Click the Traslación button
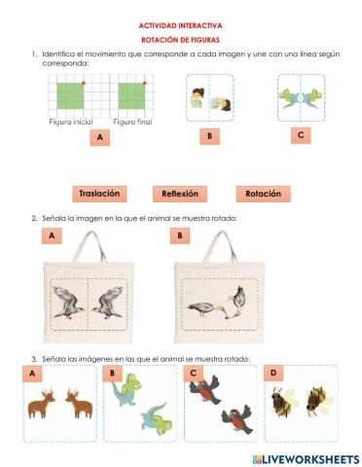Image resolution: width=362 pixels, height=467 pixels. click(99, 194)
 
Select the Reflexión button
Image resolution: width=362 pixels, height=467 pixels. click(180, 194)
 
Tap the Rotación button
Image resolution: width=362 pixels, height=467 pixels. click(263, 194)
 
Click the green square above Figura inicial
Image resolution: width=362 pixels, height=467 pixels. click(70, 96)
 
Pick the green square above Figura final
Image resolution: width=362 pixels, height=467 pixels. click(131, 96)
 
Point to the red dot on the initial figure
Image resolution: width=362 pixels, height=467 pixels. click(84, 83)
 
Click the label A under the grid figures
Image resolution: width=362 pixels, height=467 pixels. click(100, 137)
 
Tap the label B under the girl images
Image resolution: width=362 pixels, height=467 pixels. click(209, 136)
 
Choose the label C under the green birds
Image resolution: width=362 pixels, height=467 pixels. click(301, 135)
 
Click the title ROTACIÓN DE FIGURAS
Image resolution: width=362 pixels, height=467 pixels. click(180, 40)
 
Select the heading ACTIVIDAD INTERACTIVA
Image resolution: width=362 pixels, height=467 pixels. click(180, 25)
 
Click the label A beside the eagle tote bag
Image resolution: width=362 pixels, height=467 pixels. click(52, 235)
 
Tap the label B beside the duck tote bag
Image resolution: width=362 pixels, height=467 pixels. click(180, 235)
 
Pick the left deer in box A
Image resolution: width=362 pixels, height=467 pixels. click(41, 404)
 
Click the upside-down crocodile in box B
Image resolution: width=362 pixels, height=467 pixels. click(157, 420)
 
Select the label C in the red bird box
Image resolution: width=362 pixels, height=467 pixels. click(194, 373)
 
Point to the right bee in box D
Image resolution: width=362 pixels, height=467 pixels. click(319, 402)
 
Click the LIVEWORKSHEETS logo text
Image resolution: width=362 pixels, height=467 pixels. click(307, 459)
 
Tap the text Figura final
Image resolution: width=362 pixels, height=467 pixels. click(132, 122)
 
